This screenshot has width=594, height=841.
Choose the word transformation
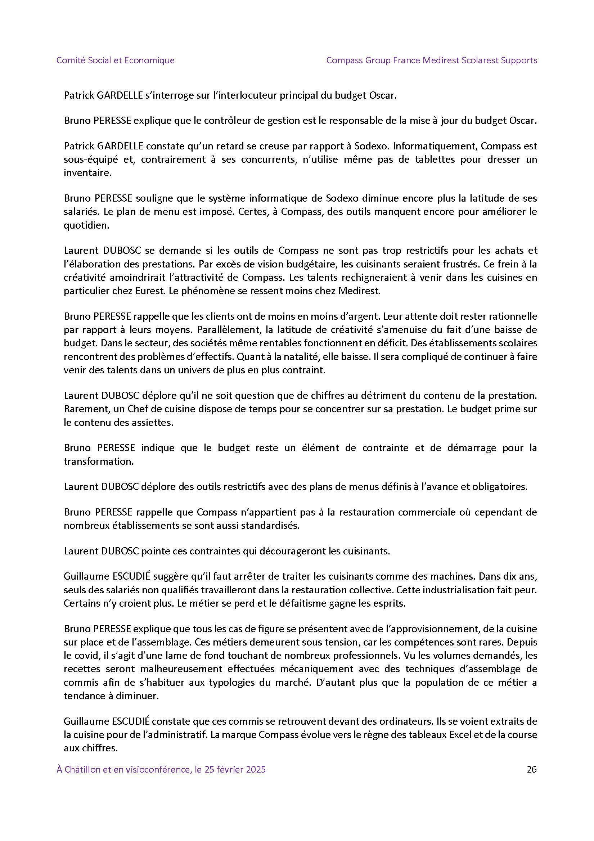(x=99, y=461)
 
